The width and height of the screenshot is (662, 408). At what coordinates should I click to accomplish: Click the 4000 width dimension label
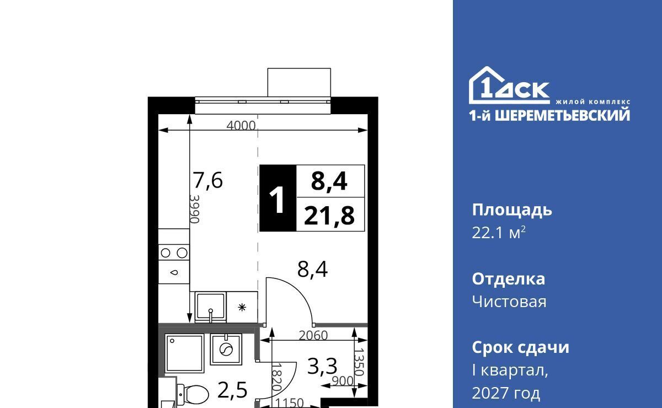[x=241, y=126]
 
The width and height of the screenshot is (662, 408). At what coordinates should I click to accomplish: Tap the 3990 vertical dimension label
[x=194, y=209]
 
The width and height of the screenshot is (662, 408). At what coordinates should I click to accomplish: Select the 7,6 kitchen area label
[x=207, y=180]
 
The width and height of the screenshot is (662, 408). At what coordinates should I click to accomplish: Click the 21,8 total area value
[x=329, y=216]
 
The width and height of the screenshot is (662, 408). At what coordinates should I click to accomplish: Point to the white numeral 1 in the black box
[x=277, y=200]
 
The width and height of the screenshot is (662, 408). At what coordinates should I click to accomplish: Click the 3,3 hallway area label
[x=322, y=366]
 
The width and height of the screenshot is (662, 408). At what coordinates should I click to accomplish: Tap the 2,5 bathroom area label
[x=232, y=390]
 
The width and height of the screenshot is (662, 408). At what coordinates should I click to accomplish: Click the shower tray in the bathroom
[x=184, y=353]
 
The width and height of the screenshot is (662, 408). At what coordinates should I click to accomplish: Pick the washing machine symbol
[x=226, y=350]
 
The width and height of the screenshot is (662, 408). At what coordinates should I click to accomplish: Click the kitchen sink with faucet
[x=210, y=308]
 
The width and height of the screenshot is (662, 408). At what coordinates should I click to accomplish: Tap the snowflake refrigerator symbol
[x=242, y=308]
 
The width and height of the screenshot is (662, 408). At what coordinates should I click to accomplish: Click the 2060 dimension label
[x=313, y=336]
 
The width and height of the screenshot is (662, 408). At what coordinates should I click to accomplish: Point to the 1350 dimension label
[x=359, y=362]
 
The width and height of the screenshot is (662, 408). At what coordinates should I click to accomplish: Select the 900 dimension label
[x=342, y=381]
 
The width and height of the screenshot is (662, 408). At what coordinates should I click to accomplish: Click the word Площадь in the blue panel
[x=512, y=211]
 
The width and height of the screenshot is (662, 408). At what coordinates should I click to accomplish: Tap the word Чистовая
[x=509, y=302]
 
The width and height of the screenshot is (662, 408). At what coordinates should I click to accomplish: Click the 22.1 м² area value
[x=499, y=233]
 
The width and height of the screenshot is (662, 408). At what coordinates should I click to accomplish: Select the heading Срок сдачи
[x=520, y=347]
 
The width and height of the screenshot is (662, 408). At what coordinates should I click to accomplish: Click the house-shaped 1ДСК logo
[x=509, y=85]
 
